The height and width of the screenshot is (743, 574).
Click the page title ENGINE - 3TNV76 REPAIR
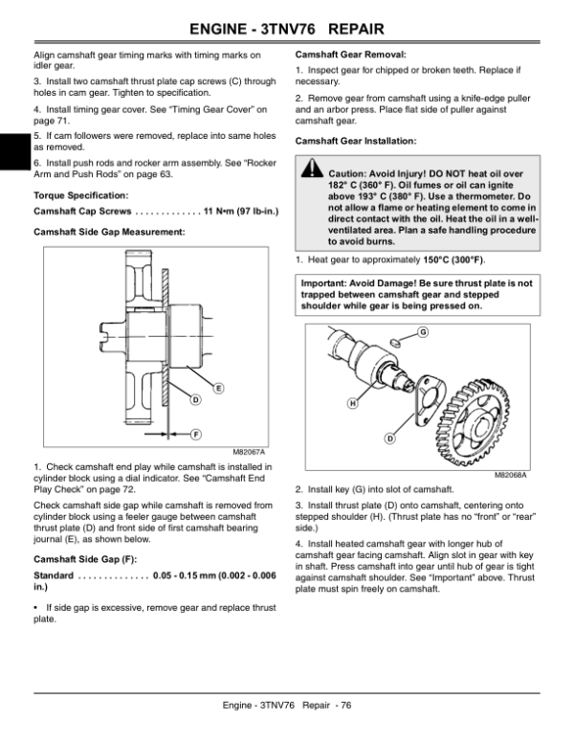[x=287, y=18]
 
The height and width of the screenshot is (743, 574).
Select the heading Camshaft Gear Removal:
[x=351, y=54]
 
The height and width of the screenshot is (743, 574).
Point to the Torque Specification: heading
[x=77, y=194]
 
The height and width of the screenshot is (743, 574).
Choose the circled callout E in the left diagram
[x=218, y=387]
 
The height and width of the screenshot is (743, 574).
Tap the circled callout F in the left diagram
[x=195, y=433]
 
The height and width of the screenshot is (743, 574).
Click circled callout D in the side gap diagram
[x=194, y=398]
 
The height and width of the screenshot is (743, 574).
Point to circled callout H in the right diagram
[x=352, y=403]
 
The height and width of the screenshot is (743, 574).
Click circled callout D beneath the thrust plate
[x=388, y=439]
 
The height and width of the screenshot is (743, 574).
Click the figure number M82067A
[x=248, y=452]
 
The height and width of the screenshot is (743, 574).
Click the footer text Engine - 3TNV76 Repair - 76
[x=287, y=706]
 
